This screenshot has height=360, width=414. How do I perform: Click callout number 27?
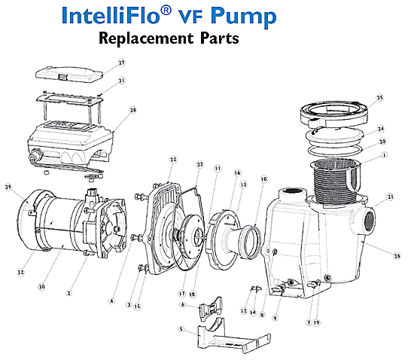pyautogui.click(x=121, y=63)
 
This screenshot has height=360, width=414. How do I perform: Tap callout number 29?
pyautogui.click(x=8, y=186)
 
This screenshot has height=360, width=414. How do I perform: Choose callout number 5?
pyautogui.click(x=181, y=329)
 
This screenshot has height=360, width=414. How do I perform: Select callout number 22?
pyautogui.click(x=172, y=159)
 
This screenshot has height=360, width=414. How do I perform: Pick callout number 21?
pyautogui.click(x=390, y=197)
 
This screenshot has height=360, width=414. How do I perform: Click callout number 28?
pyautogui.click(x=132, y=110)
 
